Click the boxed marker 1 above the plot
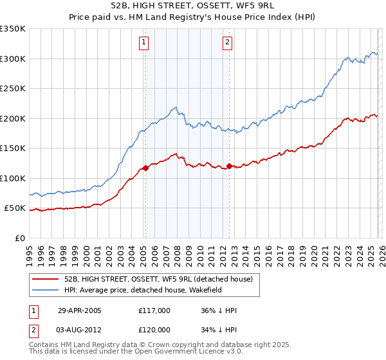tap(144, 43)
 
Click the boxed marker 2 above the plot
tap(228, 43)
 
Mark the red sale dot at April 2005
tap(145, 168)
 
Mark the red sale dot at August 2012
tap(229, 166)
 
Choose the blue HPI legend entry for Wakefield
tap(161, 290)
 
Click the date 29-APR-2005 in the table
tap(80, 310)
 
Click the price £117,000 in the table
tap(154, 310)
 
